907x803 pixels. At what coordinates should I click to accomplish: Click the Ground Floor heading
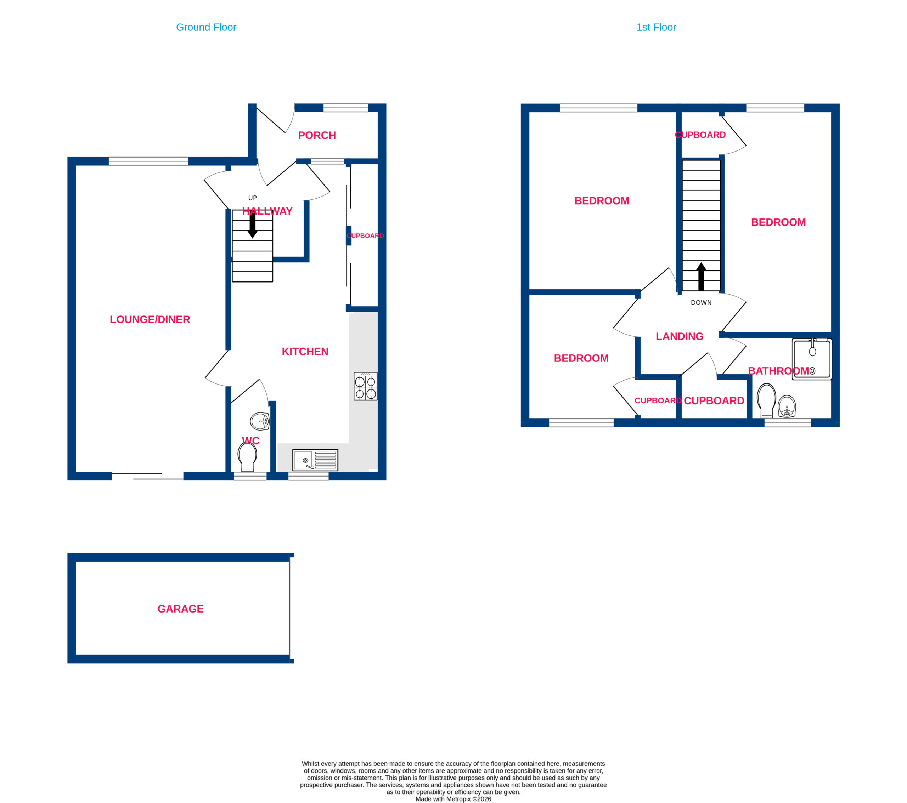pos(206,28)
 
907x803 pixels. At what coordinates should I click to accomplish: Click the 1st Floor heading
pos(656,28)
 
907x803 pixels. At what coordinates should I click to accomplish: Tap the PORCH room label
pos(317,135)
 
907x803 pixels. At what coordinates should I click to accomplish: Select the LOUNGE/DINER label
pos(150,319)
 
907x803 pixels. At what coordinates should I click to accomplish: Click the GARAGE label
pos(181,609)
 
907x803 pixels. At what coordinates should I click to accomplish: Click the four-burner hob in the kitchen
pos(366,386)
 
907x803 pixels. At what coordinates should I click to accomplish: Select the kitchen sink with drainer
pos(315,460)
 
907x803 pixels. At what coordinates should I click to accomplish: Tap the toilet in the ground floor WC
pos(247,457)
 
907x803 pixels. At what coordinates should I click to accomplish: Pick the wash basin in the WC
pos(260,421)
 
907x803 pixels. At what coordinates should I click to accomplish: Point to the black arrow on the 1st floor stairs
pos(701,277)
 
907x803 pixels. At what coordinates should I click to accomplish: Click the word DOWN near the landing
pos(701,303)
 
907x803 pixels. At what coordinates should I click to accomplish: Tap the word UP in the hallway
pos(253,198)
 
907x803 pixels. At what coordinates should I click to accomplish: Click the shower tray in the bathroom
pos(812,359)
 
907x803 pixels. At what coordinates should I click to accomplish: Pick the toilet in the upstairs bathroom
pos(766,400)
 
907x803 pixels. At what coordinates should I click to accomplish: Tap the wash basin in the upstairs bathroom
pos(787,406)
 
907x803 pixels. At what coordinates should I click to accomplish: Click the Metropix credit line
pos(453,799)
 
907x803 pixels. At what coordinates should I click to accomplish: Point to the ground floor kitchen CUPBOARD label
pos(365,236)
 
